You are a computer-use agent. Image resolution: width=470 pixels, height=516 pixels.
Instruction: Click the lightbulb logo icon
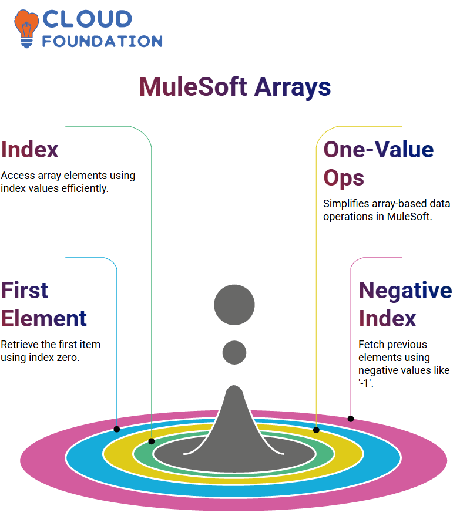[x=26, y=29]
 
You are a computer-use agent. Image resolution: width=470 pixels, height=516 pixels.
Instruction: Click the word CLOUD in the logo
[x=88, y=19]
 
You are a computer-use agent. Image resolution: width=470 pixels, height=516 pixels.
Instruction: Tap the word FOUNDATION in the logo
[x=102, y=41]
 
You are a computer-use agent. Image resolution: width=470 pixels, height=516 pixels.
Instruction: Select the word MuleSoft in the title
[x=193, y=86]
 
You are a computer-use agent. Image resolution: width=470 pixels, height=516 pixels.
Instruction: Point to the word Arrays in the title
[x=293, y=88]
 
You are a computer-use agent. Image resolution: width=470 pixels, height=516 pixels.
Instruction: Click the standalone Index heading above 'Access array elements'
[x=29, y=150]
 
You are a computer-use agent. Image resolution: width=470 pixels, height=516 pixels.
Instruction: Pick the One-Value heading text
[x=378, y=150]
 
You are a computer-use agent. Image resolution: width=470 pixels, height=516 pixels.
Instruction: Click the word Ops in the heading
[x=344, y=178]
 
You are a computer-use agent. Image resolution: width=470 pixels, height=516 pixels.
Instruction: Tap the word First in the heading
[x=25, y=290]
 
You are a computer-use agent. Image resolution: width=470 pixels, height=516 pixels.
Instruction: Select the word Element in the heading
[x=44, y=319]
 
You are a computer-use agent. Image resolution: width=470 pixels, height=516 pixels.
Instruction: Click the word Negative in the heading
[x=405, y=291]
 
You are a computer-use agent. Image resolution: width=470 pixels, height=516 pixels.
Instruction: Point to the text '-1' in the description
[x=365, y=383]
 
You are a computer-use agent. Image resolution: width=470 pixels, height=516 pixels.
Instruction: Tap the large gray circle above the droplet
[x=234, y=305]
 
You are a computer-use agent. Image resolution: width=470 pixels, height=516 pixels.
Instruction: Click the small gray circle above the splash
[x=234, y=352]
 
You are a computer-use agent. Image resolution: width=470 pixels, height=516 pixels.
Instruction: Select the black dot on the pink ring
[x=351, y=419]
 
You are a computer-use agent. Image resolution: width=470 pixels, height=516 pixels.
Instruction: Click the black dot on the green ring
[x=152, y=441]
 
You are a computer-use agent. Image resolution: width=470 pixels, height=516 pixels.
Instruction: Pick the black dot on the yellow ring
[x=316, y=430]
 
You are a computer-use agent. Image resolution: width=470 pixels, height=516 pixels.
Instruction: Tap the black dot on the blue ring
[x=116, y=429]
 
